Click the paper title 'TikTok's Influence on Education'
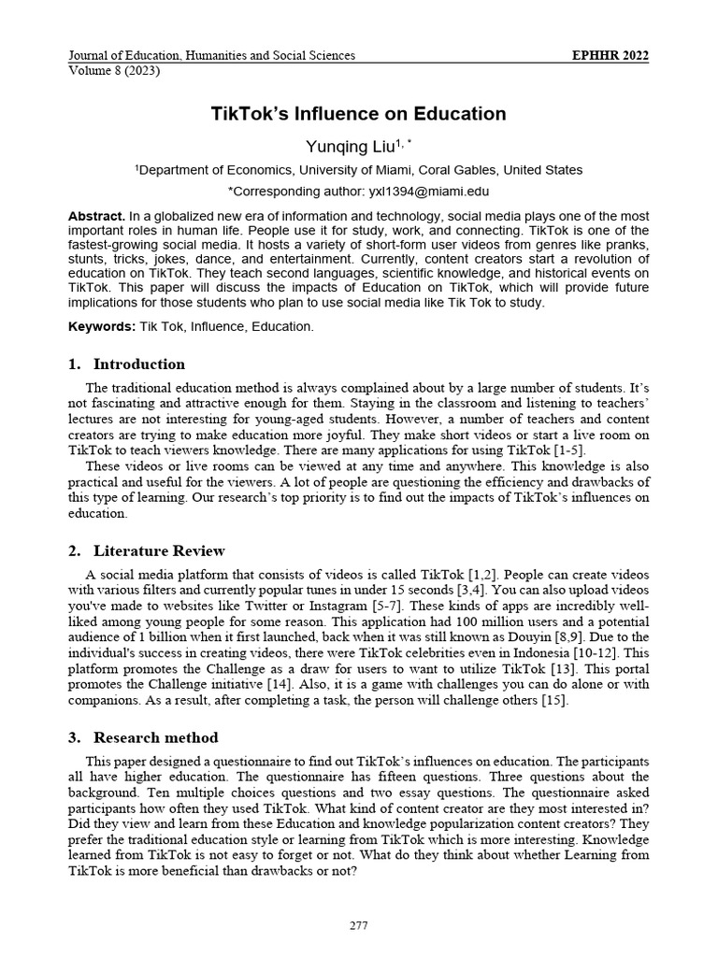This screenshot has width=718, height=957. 358,114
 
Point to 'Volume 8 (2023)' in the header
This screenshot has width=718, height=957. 114,72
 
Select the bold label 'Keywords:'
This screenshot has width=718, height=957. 102,327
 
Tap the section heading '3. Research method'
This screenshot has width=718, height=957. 143,737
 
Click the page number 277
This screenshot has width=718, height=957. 358,926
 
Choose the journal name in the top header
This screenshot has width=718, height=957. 211,56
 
